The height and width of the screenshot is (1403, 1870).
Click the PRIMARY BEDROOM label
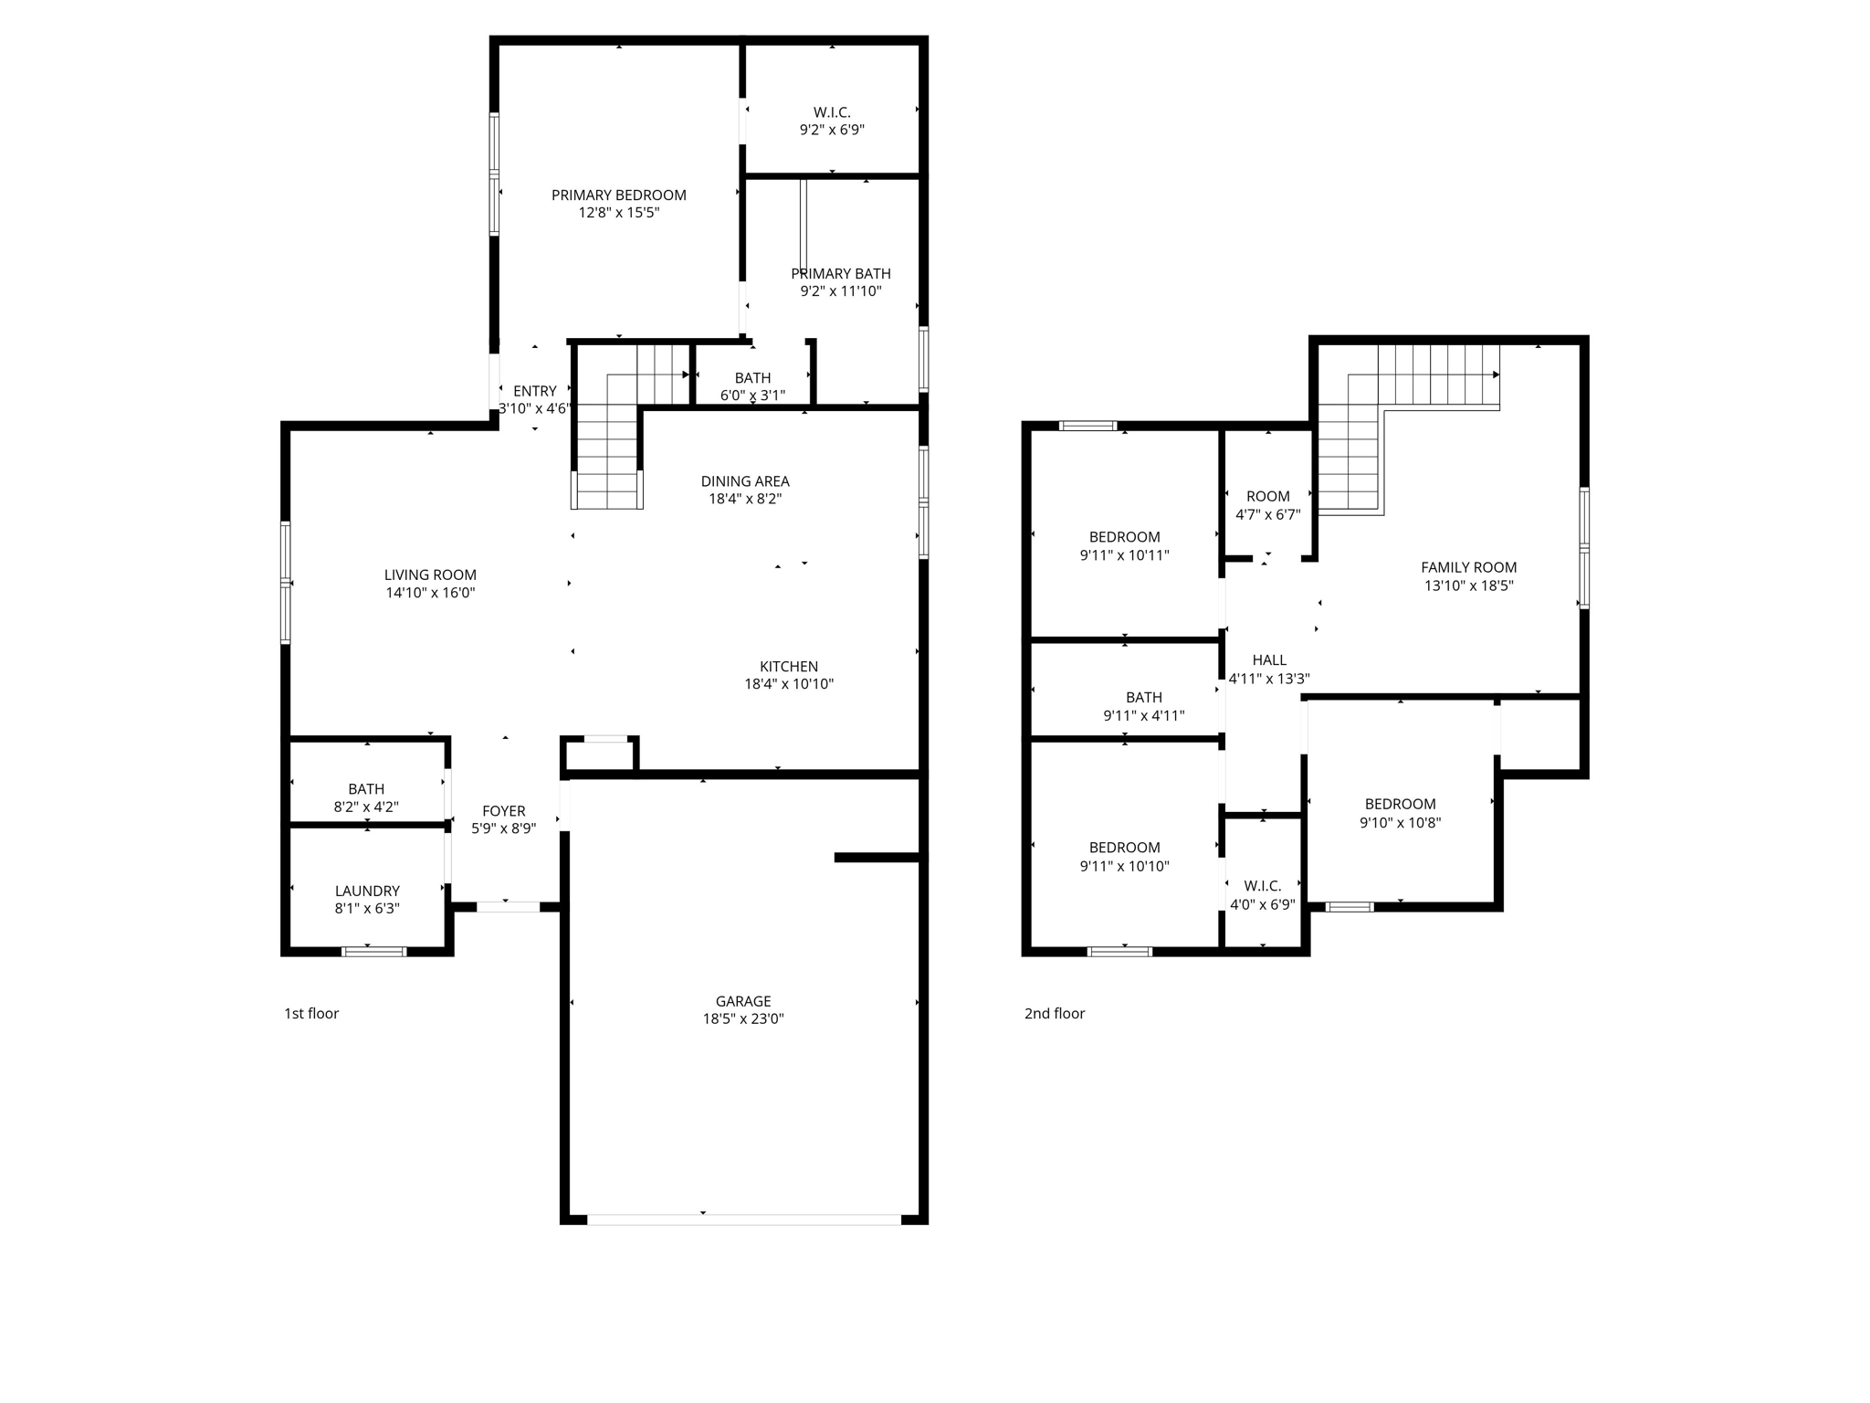(x=618, y=195)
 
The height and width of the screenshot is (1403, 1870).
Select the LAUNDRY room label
(x=367, y=891)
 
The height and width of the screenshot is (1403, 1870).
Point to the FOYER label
(x=503, y=811)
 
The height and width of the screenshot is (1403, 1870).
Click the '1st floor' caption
(x=311, y=1013)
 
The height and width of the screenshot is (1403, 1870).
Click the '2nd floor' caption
(x=1055, y=1013)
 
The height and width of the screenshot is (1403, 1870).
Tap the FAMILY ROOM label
(x=1468, y=567)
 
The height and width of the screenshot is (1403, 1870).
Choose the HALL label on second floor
(x=1269, y=660)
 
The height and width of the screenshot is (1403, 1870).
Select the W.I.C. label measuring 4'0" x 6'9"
(x=1262, y=886)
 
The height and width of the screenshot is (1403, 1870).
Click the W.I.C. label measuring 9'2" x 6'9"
(x=832, y=112)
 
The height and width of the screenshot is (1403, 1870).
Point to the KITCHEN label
(x=789, y=667)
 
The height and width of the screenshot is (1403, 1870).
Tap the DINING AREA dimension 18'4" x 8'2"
(x=745, y=499)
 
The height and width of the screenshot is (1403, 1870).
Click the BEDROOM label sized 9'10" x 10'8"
(x=1400, y=805)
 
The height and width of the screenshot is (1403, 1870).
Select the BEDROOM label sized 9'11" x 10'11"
(x=1124, y=537)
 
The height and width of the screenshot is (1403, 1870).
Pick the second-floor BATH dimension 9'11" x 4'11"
(x=1143, y=715)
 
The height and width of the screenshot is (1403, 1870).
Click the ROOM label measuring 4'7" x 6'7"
(x=1267, y=497)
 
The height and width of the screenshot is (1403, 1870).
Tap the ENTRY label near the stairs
(x=534, y=391)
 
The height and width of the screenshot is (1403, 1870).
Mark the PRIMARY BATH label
(x=840, y=274)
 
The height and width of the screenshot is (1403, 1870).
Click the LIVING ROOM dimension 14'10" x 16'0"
(x=430, y=593)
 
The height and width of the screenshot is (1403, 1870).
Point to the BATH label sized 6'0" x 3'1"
(x=752, y=378)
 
